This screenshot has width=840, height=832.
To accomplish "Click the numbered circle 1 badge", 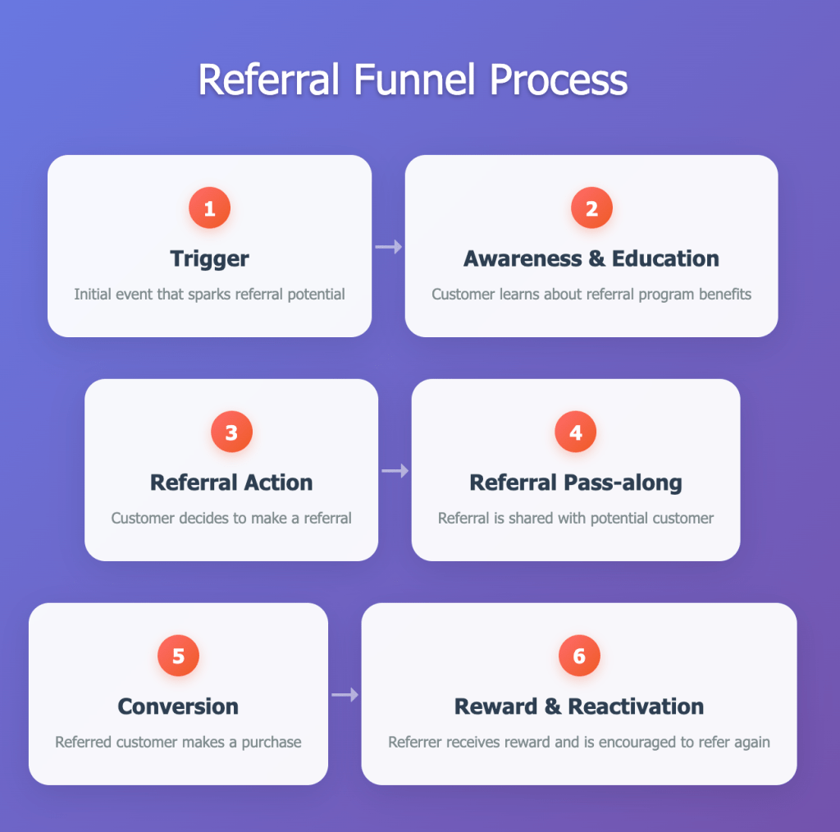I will click(209, 208).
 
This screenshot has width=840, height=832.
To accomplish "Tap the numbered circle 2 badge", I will click(591, 208).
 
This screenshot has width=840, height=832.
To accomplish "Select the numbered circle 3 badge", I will click(231, 432).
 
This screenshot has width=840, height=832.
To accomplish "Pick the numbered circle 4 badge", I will click(576, 432).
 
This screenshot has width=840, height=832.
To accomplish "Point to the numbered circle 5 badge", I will click(178, 656).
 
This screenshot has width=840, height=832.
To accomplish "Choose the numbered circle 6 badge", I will click(579, 656).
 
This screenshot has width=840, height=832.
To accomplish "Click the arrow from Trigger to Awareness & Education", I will click(389, 246).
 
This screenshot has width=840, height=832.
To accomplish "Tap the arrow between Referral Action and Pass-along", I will click(395, 470).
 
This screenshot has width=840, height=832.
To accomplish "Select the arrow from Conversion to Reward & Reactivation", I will click(345, 695).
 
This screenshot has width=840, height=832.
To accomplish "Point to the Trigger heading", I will click(209, 258).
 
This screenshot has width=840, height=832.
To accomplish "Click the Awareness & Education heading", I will click(591, 258).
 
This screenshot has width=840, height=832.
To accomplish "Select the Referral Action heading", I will click(231, 482).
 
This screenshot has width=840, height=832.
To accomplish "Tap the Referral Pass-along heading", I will click(576, 482).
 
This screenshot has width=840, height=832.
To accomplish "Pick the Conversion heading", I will click(178, 706).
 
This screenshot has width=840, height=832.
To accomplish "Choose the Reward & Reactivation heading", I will click(579, 706).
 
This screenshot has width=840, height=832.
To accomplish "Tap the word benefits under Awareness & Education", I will click(724, 294).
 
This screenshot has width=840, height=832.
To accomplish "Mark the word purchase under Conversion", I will click(271, 743).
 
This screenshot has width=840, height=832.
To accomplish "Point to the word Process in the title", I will click(559, 81).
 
